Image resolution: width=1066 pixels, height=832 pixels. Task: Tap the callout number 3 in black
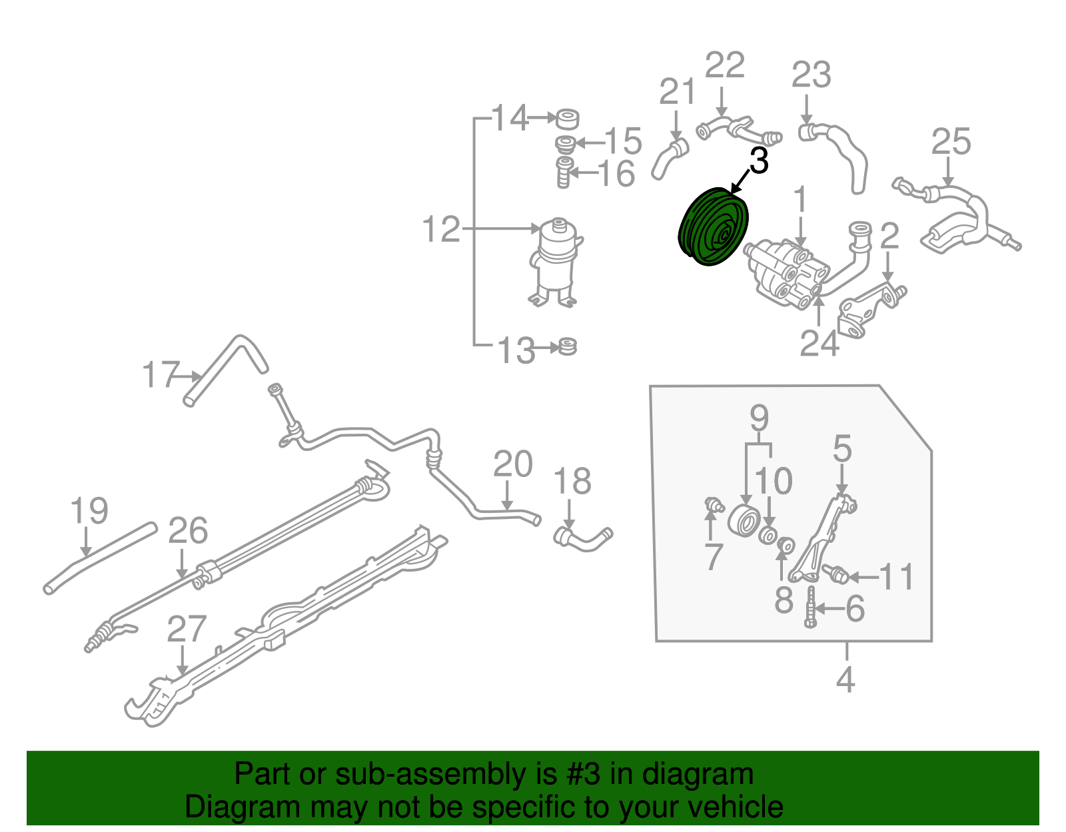[x=759, y=161]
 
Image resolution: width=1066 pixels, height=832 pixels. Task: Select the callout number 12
[x=441, y=229]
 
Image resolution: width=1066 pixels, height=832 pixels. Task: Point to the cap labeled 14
[x=567, y=119]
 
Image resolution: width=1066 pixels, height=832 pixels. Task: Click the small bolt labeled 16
[x=564, y=172]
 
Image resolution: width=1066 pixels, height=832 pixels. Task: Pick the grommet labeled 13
[x=568, y=346]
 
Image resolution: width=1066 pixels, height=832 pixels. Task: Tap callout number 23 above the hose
[x=811, y=75]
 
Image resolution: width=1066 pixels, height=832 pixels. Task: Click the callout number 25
[x=951, y=142]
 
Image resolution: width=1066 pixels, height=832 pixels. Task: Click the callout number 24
[x=819, y=344]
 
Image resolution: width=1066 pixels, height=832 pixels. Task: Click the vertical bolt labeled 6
[x=811, y=607]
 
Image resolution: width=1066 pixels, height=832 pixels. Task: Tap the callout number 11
[x=896, y=577]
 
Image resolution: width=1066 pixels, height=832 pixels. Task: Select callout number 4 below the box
[x=845, y=680]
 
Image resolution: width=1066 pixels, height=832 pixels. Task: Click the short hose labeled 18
[x=582, y=538]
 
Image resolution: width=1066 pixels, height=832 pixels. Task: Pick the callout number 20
[x=512, y=464]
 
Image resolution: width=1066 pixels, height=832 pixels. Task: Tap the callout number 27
[x=187, y=629]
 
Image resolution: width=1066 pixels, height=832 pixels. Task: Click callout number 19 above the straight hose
[x=89, y=512]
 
